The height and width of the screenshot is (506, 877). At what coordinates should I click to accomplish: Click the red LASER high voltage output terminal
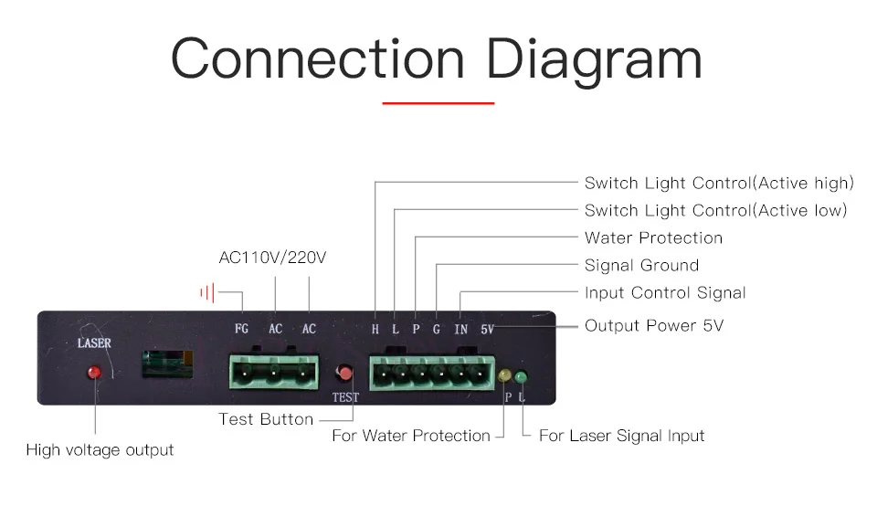point(94,373)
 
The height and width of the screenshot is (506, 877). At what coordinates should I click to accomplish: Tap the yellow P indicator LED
point(505,375)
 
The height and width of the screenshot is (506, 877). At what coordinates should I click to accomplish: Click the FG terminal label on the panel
point(241,329)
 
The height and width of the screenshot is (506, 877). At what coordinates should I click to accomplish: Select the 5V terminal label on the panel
point(487,329)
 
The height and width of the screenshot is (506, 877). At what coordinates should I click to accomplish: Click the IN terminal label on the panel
point(461,329)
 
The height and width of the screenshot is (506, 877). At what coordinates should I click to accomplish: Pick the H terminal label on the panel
point(375,329)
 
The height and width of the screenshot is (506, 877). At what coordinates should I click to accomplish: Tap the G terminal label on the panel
point(437,329)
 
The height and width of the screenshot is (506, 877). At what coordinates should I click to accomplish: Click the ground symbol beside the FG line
point(207,293)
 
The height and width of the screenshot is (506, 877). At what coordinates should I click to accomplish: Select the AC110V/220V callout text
point(272,258)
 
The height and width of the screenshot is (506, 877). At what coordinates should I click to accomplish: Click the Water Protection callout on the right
point(653,238)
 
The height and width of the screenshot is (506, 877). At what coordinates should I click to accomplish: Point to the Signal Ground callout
point(641,266)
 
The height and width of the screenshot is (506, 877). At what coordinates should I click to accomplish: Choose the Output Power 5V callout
point(653,326)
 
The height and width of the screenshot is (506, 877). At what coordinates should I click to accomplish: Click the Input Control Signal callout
point(665,293)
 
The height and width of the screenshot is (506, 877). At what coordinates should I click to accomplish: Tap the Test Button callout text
point(266,420)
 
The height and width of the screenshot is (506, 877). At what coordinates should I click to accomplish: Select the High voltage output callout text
point(100,449)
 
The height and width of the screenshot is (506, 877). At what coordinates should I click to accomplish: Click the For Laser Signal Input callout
point(621,436)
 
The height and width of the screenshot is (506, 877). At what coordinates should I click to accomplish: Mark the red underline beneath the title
point(438,104)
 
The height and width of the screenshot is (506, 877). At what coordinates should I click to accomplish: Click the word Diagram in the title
point(594,59)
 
